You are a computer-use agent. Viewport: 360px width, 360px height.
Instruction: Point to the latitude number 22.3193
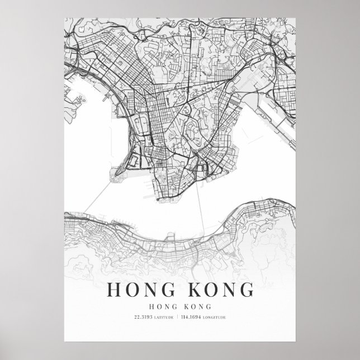pos(144,318)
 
